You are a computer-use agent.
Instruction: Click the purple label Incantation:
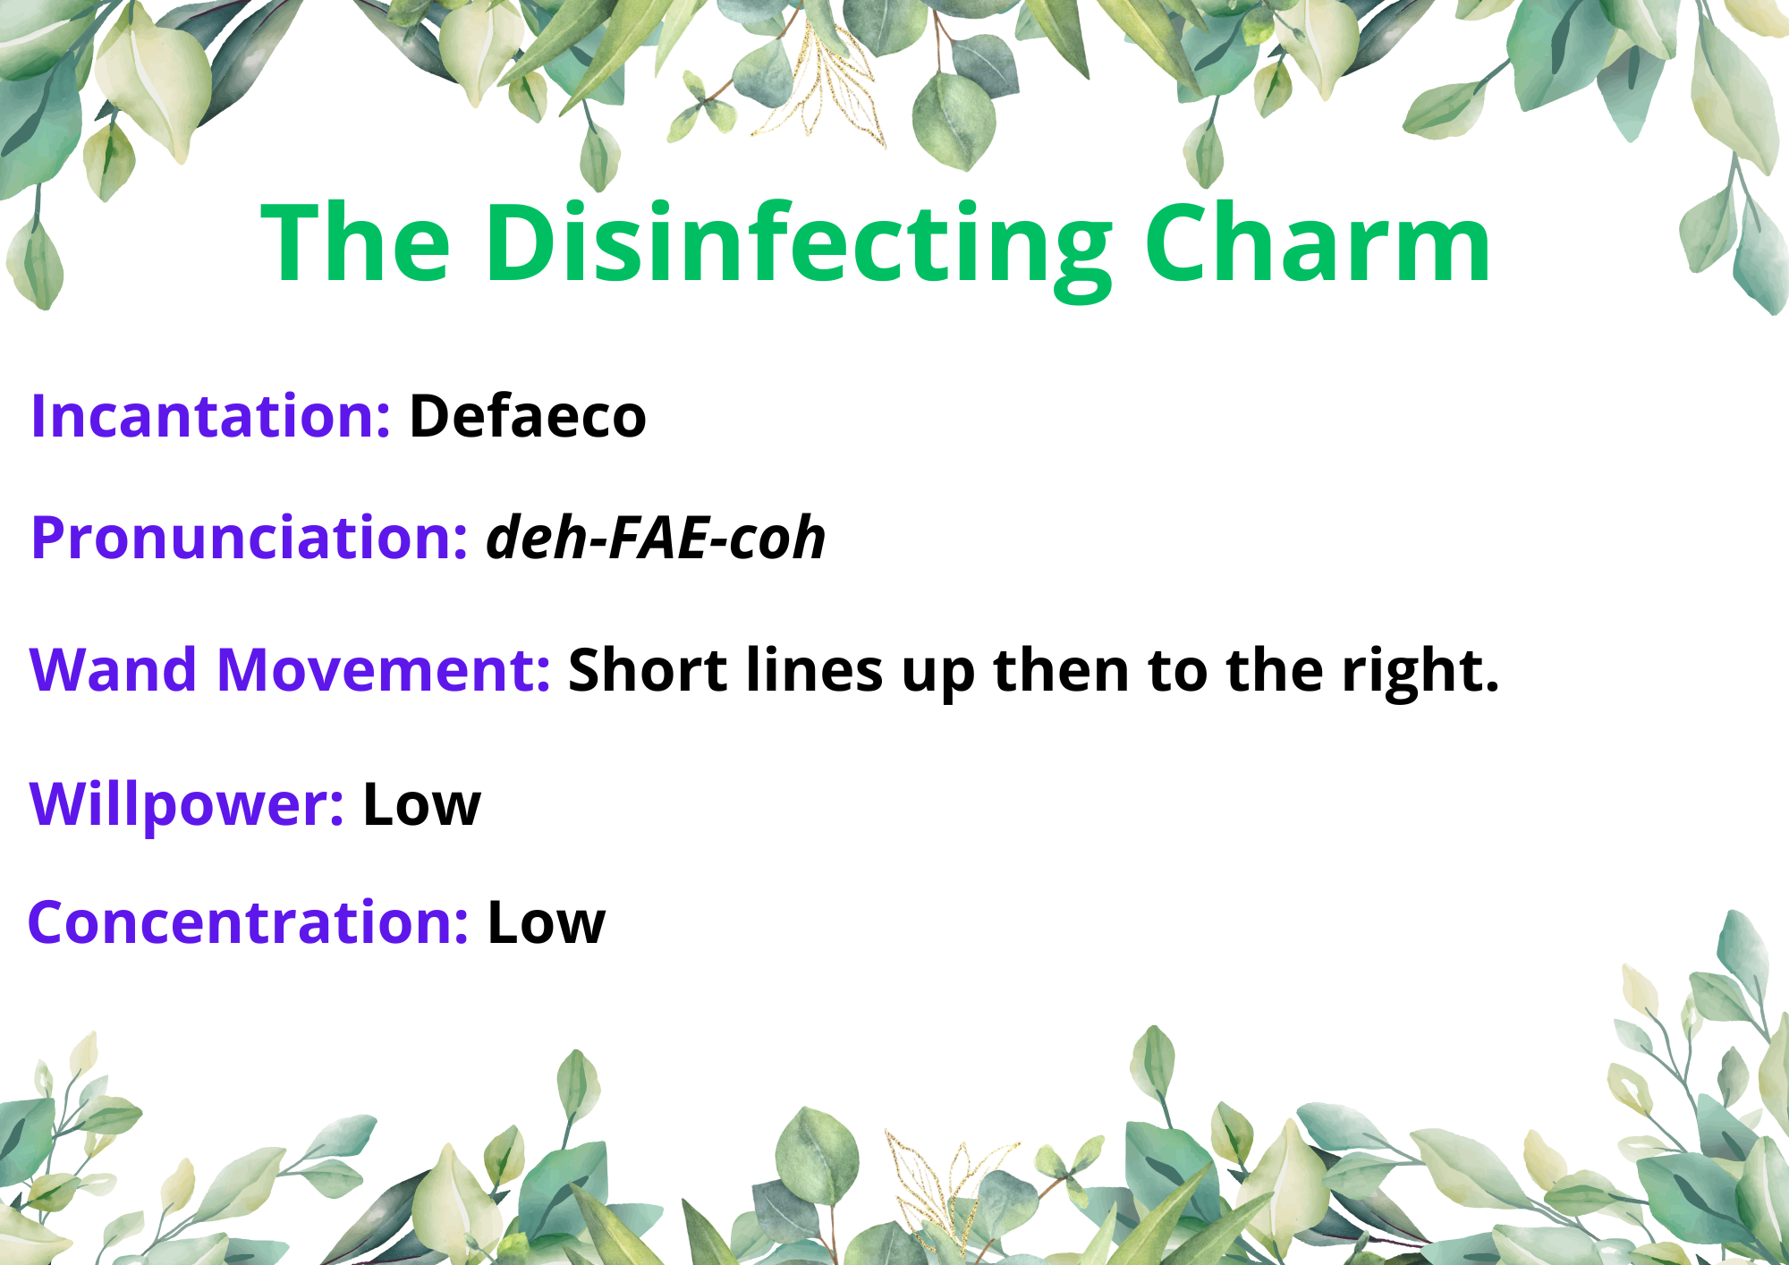pyautogui.click(x=210, y=416)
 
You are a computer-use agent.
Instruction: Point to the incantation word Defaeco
pyautogui.click(x=528, y=416)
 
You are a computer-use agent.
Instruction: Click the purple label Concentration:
pyautogui.click(x=249, y=922)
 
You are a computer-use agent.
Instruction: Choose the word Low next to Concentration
pyautogui.click(x=547, y=922)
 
